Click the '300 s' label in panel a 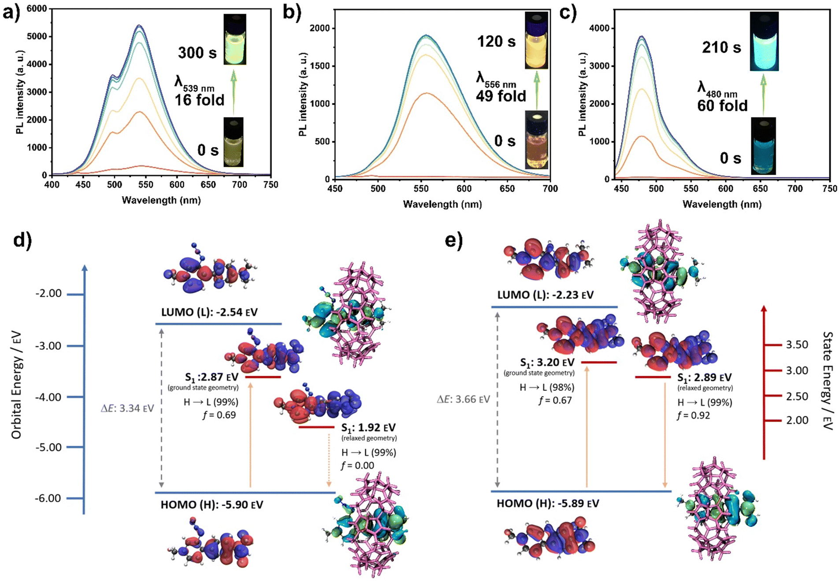click(197, 53)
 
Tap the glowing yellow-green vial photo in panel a click(234, 39)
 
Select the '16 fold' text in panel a click(199, 100)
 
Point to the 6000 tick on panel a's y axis click(37, 8)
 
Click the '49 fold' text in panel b click(501, 96)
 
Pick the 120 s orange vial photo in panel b click(536, 40)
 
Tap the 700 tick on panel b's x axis click(550, 189)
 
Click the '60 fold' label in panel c click(722, 106)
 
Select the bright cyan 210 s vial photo click(764, 41)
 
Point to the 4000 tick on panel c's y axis click(600, 28)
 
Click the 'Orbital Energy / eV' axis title click(16, 386)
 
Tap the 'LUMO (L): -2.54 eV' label click(209, 312)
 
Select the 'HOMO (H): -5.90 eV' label click(212, 504)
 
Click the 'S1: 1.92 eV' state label click(368, 427)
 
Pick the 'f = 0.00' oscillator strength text click(357, 465)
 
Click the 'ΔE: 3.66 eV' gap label click(463, 399)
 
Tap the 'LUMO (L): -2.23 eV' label click(545, 295)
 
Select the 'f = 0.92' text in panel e click(693, 415)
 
